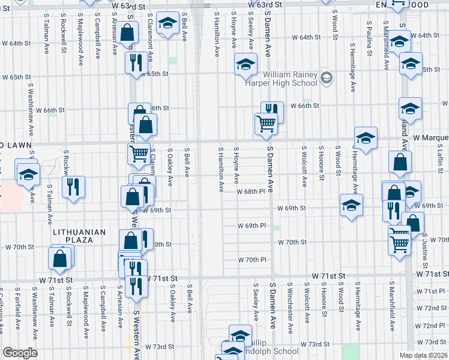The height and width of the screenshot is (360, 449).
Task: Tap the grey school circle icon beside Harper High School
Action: tap(327, 78)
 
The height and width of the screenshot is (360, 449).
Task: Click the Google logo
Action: tap(19, 353)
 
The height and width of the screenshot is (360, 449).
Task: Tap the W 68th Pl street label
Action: tap(255, 192)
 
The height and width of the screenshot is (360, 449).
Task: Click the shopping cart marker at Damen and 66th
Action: tap(266, 124)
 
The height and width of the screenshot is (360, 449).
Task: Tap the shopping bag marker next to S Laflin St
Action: tap(400, 161)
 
